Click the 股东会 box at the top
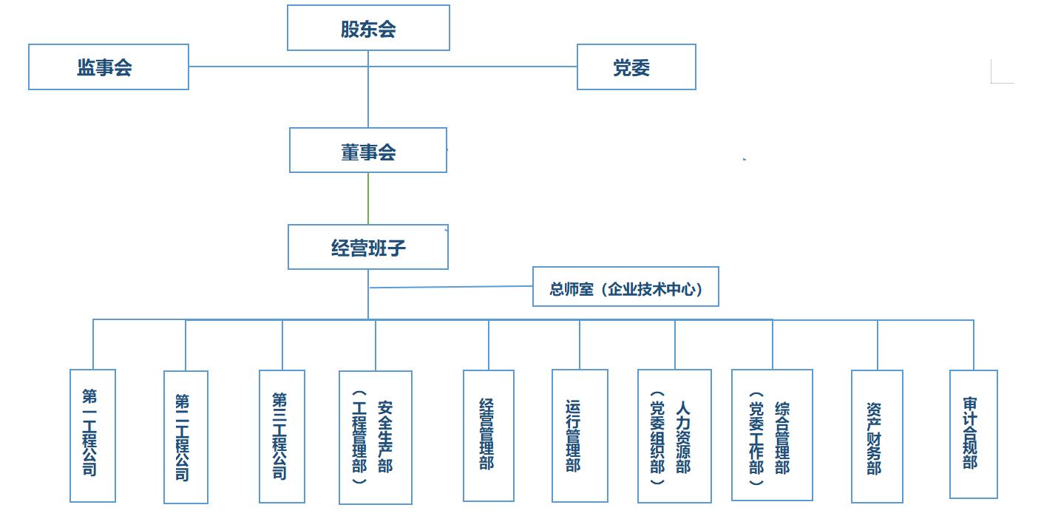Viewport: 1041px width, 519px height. [x=368, y=28]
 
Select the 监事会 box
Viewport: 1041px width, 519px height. [x=109, y=67]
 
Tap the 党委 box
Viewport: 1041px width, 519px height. [x=636, y=67]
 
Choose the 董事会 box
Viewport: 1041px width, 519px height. [x=368, y=150]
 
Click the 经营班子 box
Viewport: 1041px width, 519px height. [x=368, y=247]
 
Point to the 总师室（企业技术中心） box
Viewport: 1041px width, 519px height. [x=625, y=287]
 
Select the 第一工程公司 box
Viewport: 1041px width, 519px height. [x=92, y=435]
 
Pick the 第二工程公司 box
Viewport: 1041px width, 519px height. [x=186, y=437]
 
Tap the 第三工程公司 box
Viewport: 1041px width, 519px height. [x=282, y=436]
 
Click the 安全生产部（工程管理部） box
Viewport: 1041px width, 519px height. [x=376, y=437]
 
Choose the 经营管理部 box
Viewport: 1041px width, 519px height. [x=488, y=435]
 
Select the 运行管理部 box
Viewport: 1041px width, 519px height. [x=580, y=435]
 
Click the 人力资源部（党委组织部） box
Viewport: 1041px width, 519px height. [x=674, y=435]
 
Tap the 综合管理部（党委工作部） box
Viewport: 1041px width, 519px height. [x=772, y=435]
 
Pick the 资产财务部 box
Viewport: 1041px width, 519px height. [x=877, y=436]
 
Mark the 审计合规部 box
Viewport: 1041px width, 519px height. [x=973, y=434]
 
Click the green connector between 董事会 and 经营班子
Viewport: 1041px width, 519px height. [x=368, y=198]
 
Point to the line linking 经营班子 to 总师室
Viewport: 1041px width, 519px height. [x=451, y=287]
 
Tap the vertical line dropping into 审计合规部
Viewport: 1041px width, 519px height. [x=974, y=345]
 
